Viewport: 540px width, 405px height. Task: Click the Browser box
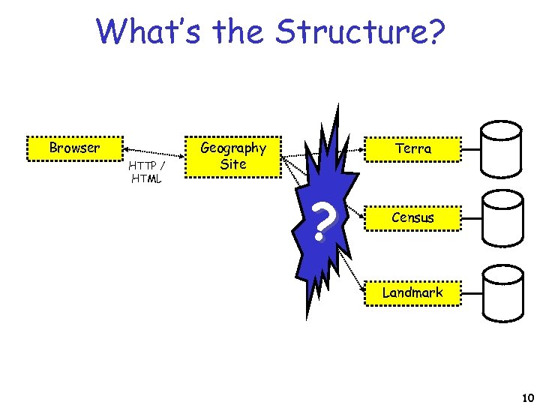click(74, 148)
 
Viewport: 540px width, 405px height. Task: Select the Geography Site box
click(233, 156)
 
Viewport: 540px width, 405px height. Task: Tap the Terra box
click(412, 148)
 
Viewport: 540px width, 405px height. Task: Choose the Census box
click(412, 217)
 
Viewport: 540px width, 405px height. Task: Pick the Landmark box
click(412, 292)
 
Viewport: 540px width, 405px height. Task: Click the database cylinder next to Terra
click(500, 148)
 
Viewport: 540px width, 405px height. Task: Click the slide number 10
click(526, 397)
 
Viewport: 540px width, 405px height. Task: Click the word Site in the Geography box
click(233, 164)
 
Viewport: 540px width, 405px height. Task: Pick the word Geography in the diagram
click(233, 148)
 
